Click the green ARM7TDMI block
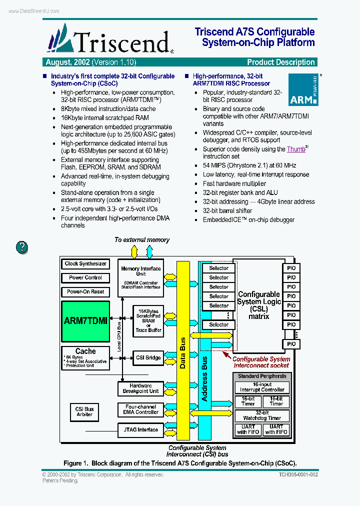(85, 321)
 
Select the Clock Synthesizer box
(85, 263)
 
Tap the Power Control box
(85, 277)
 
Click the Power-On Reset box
(85, 291)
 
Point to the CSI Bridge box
(148, 357)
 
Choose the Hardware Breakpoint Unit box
(140, 388)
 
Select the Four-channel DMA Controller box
(140, 409)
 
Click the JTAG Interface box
(140, 429)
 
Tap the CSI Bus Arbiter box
(84, 411)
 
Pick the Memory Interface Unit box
(140, 277)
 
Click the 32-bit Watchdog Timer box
(262, 415)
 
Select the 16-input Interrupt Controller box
(262, 387)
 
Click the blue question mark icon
(22, 246)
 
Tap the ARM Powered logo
(303, 90)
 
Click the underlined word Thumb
(296, 149)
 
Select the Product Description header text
(281, 62)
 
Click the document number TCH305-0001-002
(298, 474)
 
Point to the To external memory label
(142, 240)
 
